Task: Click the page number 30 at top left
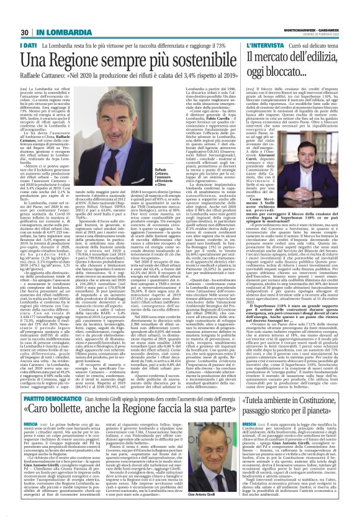pyautogui.click(x=23, y=15)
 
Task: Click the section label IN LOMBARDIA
pyautogui.click(x=54, y=15)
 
